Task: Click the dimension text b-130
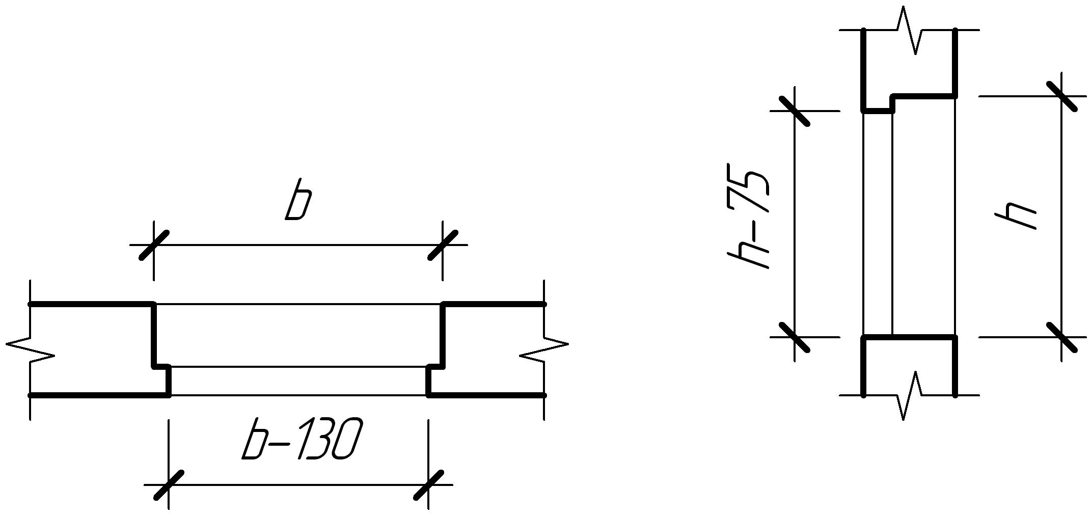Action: pyautogui.click(x=302, y=439)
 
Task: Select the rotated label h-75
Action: pyautogui.click(x=748, y=216)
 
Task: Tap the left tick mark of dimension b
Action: pyautogui.click(x=154, y=245)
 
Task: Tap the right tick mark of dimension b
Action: pyautogui.click(x=443, y=245)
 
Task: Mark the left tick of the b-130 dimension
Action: pyautogui.click(x=169, y=485)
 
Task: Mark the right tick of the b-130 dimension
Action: pyautogui.click(x=428, y=485)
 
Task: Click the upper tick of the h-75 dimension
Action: pyautogui.click(x=795, y=111)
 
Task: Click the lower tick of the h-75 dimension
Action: pyautogui.click(x=795, y=337)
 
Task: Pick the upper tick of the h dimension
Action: pyautogui.click(x=1061, y=96)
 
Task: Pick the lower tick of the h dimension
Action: pyautogui.click(x=1061, y=337)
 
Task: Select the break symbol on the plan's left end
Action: pyautogui.click(x=31, y=349)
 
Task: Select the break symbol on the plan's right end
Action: pyautogui.click(x=544, y=349)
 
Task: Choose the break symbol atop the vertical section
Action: pyautogui.click(x=909, y=31)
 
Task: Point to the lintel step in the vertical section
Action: pyautogui.click(x=892, y=102)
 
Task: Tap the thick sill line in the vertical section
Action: pyautogui.click(x=909, y=337)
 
